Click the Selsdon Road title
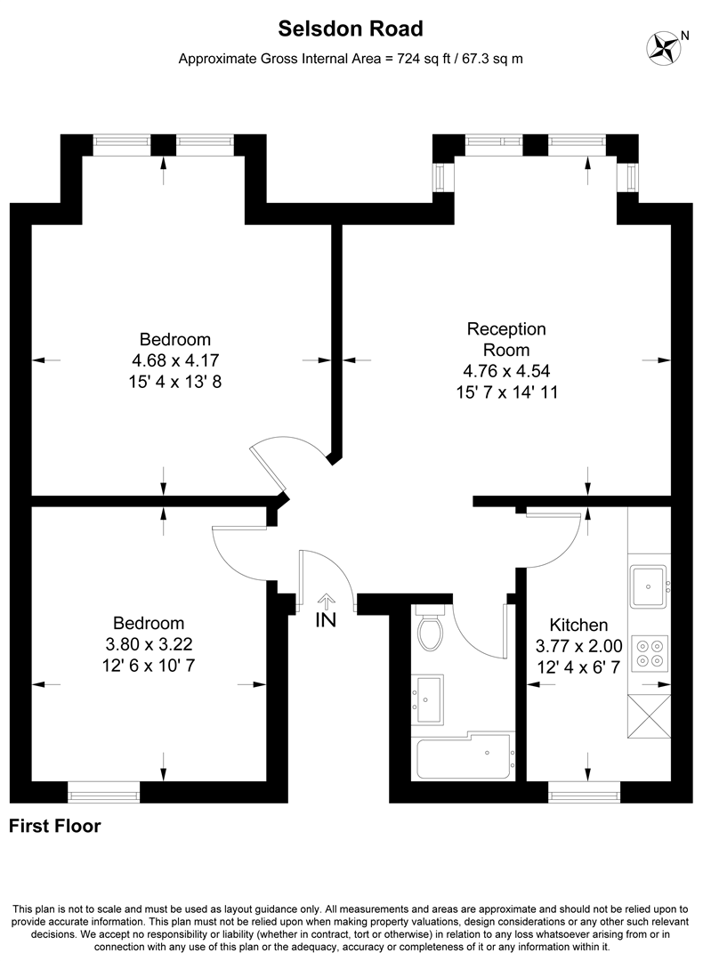tap(351, 29)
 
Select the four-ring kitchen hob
tap(649, 654)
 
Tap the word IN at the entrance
tap(326, 621)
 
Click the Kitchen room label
tap(578, 625)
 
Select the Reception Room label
tap(506, 339)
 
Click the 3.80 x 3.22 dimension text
tap(149, 644)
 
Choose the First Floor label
tap(54, 826)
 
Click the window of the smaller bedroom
tap(104, 786)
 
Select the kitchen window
tap(584, 786)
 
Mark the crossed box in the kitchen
tap(649, 715)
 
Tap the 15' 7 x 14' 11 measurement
tap(506, 391)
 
